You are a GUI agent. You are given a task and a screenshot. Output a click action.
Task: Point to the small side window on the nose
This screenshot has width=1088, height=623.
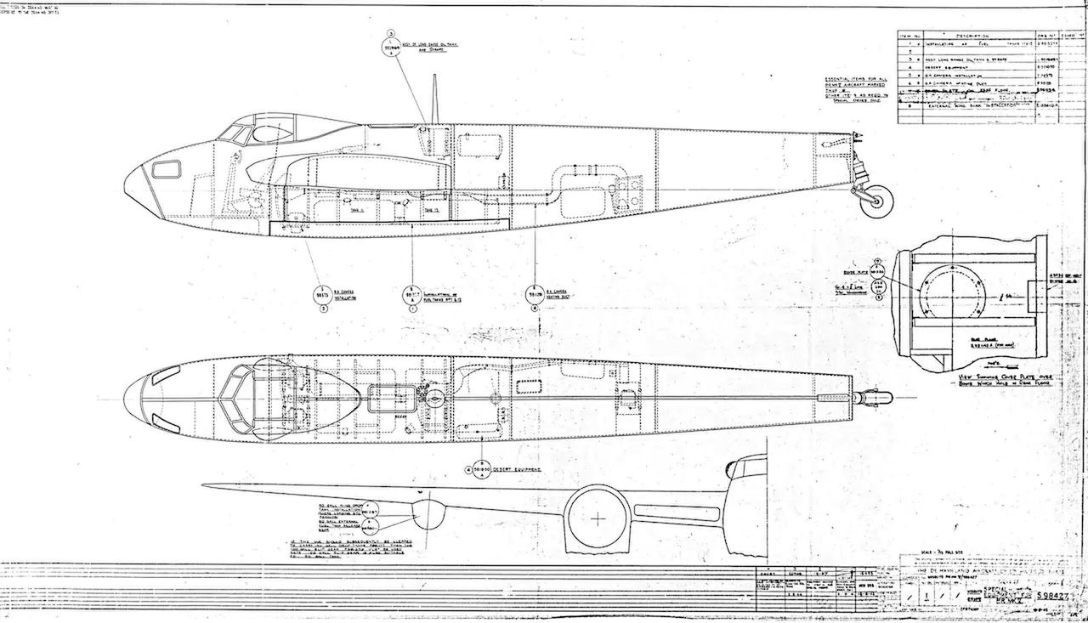pyautogui.click(x=167, y=169)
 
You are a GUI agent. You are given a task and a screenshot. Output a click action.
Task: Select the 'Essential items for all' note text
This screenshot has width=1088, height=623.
pyautogui.click(x=858, y=79)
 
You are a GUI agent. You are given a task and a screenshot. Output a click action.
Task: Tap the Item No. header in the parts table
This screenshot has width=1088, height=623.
pyautogui.click(x=911, y=37)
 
